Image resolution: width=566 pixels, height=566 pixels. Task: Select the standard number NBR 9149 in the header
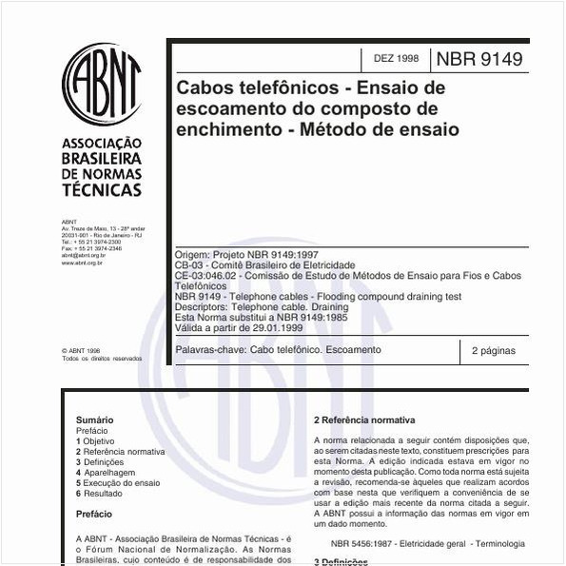[478, 59]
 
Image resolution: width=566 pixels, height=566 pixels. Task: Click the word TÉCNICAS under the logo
[101, 190]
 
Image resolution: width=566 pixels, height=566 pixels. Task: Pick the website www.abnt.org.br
[83, 263]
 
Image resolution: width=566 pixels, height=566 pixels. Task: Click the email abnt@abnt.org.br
[83, 256]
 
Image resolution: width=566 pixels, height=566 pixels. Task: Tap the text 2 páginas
[493, 350]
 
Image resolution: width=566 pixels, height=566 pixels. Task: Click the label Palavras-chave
[210, 350]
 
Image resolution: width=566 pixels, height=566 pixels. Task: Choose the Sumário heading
[94, 420]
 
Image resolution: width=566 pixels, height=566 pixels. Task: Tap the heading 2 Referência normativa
[364, 420]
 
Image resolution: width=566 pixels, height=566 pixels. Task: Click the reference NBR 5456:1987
[369, 544]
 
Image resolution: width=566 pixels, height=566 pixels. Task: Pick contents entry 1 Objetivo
[97, 441]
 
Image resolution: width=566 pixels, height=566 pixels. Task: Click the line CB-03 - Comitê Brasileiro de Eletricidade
[265, 265]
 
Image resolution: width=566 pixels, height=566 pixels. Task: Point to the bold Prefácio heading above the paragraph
[94, 514]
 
